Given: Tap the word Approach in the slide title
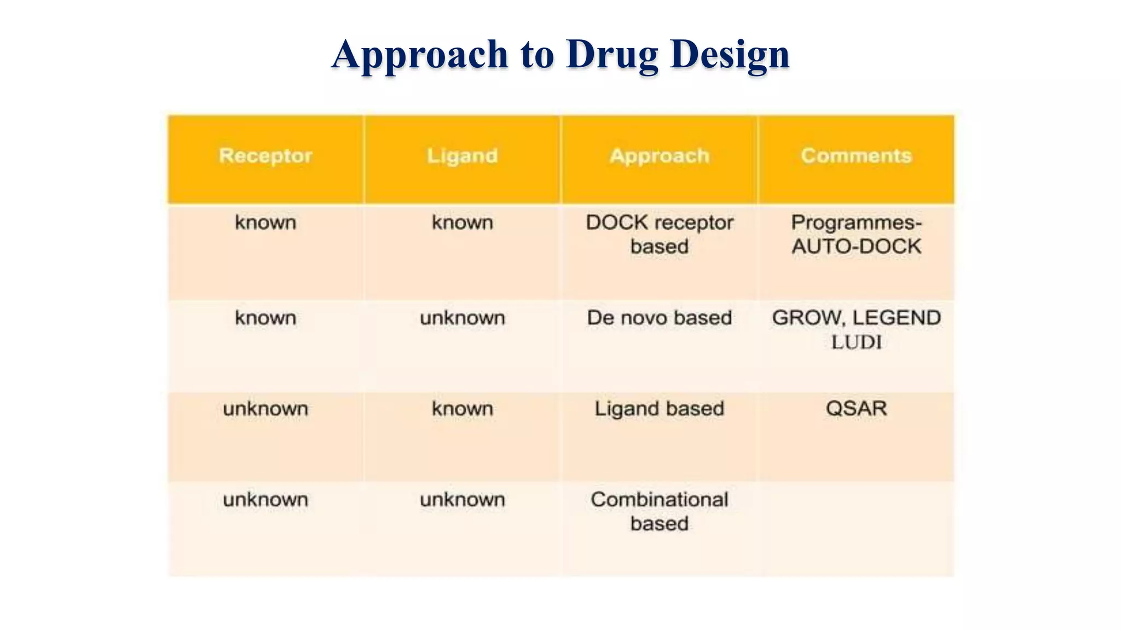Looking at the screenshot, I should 420,55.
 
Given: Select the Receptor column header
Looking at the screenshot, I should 265,156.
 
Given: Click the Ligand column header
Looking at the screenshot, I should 463,156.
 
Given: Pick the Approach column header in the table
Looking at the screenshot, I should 660,156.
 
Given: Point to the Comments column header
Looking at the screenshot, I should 857,156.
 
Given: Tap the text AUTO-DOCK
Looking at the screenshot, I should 857,247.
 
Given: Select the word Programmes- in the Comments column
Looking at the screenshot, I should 857,223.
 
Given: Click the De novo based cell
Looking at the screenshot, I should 660,318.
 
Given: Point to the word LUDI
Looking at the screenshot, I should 857,342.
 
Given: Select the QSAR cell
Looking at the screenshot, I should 857,409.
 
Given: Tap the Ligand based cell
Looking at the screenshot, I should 660,409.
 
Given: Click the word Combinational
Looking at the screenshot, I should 660,499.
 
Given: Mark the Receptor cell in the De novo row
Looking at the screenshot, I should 265,318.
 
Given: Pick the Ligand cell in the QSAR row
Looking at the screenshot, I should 463,409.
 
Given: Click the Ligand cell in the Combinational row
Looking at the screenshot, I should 463,499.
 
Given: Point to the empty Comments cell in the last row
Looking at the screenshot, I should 857,528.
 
